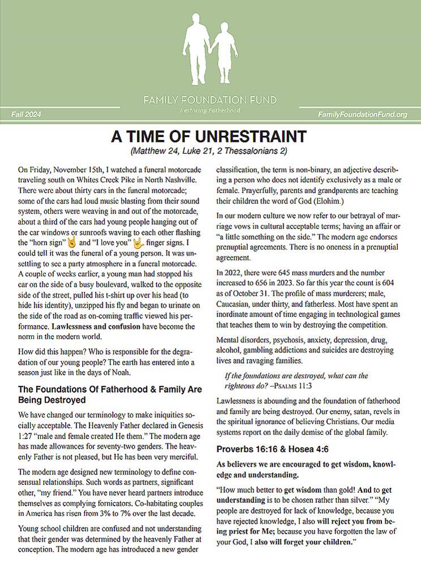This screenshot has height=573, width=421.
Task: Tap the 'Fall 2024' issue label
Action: [26, 115]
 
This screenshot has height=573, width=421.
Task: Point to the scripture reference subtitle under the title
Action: [210, 152]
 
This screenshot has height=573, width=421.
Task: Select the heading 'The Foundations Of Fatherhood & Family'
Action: [110, 389]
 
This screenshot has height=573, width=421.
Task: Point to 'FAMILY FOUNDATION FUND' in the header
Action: [210, 100]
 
